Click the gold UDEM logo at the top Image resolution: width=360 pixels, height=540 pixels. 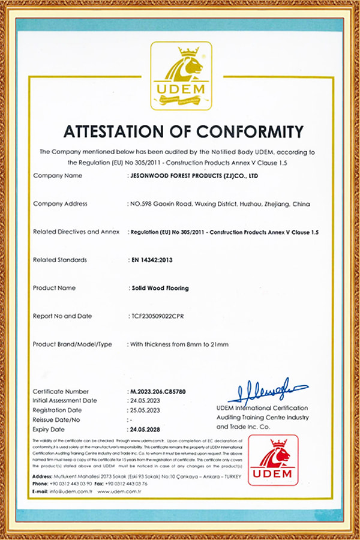(181, 76)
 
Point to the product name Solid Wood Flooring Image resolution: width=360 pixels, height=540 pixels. (159, 288)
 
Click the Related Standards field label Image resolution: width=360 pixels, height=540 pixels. (60, 260)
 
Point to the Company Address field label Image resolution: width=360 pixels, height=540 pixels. (60, 204)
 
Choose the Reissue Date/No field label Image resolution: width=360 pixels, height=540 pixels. (56, 420)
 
